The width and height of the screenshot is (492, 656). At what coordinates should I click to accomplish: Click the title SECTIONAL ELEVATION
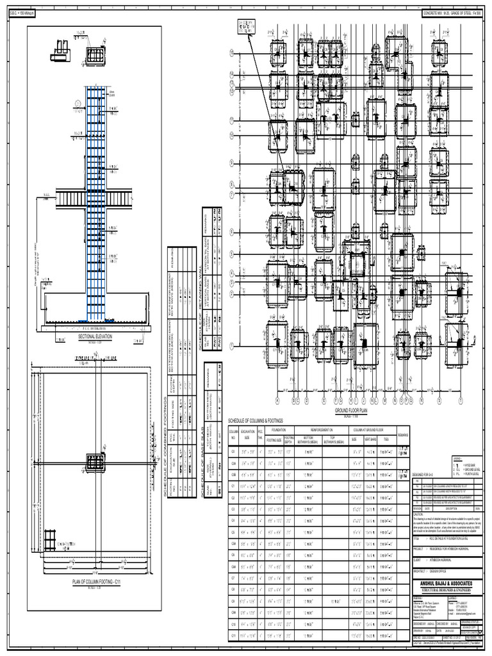click(x=95, y=335)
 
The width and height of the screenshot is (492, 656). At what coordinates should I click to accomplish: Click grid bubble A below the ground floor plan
click(x=278, y=402)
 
